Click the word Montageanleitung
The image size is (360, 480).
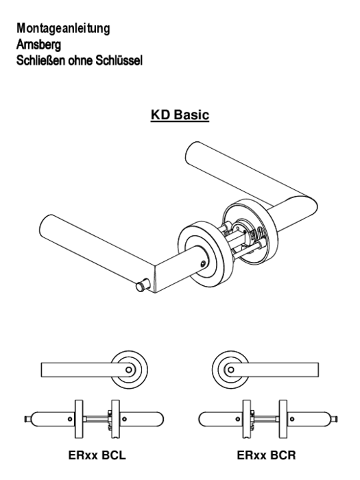63,29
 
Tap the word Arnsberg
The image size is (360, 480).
38,45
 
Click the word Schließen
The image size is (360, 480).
41,60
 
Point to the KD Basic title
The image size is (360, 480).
180,115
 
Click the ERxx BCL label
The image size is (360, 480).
97,455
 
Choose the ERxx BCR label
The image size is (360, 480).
266,455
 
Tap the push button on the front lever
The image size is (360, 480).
142,285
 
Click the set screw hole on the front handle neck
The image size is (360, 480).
203,264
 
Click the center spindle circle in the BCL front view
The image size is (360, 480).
129,370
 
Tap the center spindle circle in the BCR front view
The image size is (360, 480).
231,370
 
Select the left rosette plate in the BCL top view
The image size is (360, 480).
79,419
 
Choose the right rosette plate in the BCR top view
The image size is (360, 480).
283,419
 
